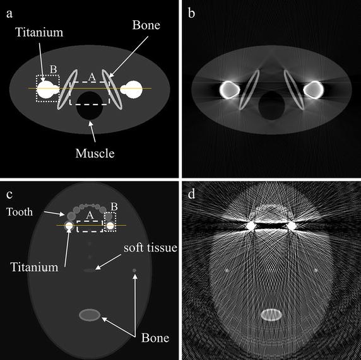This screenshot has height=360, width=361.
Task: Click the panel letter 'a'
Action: pyautogui.click(x=9, y=14)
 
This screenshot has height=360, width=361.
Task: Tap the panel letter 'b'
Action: pyautogui.click(x=191, y=13)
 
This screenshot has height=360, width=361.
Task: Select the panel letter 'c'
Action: pyautogui.click(x=9, y=195)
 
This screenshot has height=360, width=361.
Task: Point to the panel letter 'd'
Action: pyautogui.click(x=192, y=194)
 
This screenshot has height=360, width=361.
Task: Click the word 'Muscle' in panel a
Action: pyautogui.click(x=95, y=153)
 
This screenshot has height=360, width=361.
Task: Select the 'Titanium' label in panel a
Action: pyautogui.click(x=39, y=32)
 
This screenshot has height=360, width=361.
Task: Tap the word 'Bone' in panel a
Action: pyautogui.click(x=146, y=25)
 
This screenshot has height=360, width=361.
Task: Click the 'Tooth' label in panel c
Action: pyautogui.click(x=20, y=212)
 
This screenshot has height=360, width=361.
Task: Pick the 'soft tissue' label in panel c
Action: pyautogui.click(x=150, y=248)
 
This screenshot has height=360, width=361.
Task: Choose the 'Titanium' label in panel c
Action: pyautogui.click(x=34, y=267)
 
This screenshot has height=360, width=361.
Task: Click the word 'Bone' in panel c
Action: pyautogui.click(x=155, y=338)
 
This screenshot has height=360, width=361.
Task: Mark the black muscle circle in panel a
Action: pyautogui.click(x=90, y=105)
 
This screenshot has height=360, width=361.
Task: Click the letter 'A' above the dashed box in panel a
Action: pyautogui.click(x=92, y=77)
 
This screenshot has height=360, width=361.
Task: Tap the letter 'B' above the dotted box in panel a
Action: pyautogui.click(x=54, y=69)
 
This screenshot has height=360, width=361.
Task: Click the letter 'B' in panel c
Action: pyautogui.click(x=114, y=207)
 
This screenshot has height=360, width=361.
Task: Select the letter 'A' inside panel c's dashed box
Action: pyautogui.click(x=90, y=216)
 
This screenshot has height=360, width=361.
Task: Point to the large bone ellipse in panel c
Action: pyautogui.click(x=90, y=315)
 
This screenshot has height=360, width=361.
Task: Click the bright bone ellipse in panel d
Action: pyautogui.click(x=271, y=315)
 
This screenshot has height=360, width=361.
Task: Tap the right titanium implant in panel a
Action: pyautogui.click(x=131, y=90)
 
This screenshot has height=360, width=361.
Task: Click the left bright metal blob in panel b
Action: pyautogui.click(x=229, y=90)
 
